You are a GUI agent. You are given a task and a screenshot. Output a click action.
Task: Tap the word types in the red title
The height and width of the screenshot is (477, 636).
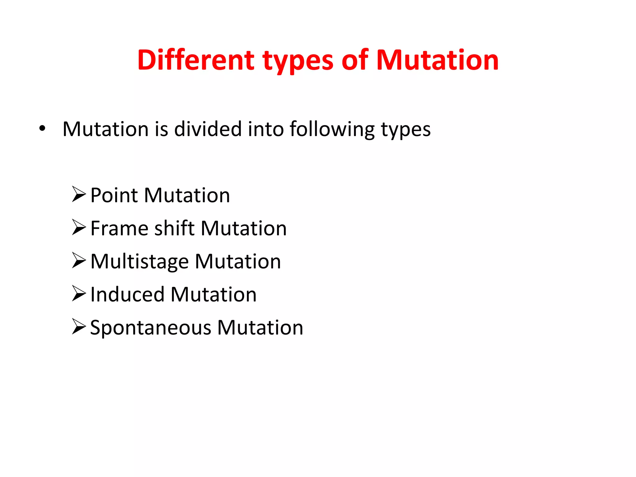point(298,61)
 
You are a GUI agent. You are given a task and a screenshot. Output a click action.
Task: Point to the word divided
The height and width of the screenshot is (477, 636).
point(208,129)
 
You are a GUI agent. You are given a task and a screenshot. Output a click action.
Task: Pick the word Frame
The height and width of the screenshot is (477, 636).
point(119,229)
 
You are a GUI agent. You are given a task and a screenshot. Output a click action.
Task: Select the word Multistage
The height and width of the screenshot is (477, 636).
point(139,262)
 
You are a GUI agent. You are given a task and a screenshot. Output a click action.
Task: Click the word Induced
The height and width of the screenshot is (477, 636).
point(127,294)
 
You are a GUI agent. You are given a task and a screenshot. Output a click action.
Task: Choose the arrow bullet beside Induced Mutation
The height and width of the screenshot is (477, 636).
point(79,293)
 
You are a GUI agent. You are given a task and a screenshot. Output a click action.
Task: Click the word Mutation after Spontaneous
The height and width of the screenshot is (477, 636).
point(260,328)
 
